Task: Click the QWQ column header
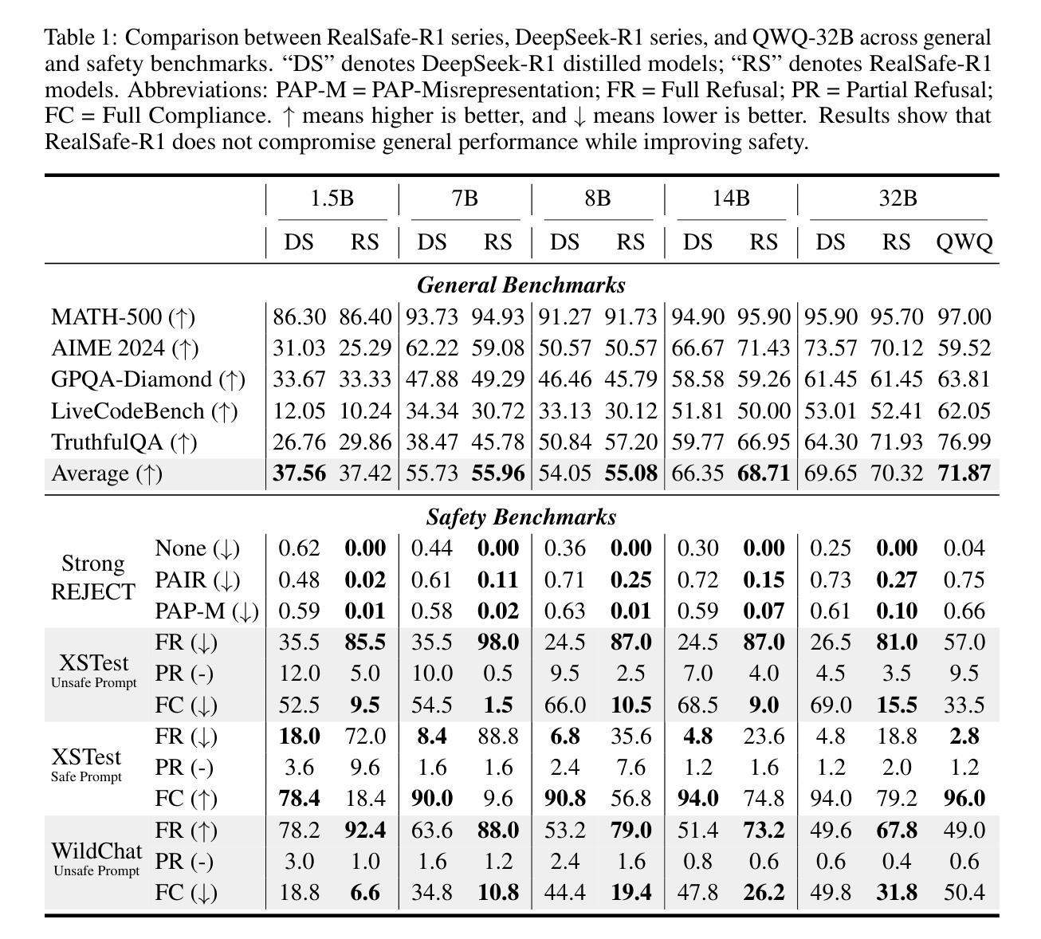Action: coord(964,242)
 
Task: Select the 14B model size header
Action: coord(730,198)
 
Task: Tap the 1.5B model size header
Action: coord(332,198)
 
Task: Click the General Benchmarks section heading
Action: coord(521,285)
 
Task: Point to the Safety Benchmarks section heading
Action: coord(521,517)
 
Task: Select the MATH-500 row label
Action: coord(123,317)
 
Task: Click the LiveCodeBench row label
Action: coord(144,411)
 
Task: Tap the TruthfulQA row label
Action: coord(124,442)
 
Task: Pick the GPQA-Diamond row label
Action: coord(148,379)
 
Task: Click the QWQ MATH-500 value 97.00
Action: coord(964,317)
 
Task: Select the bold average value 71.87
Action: coord(964,473)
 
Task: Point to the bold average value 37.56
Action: coord(300,473)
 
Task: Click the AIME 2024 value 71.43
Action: coord(764,348)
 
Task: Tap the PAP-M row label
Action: coord(206,611)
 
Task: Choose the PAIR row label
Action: coord(197,580)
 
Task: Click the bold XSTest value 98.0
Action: coord(497,642)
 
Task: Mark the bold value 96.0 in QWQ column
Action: coord(964,799)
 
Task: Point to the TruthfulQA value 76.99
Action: coord(964,442)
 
